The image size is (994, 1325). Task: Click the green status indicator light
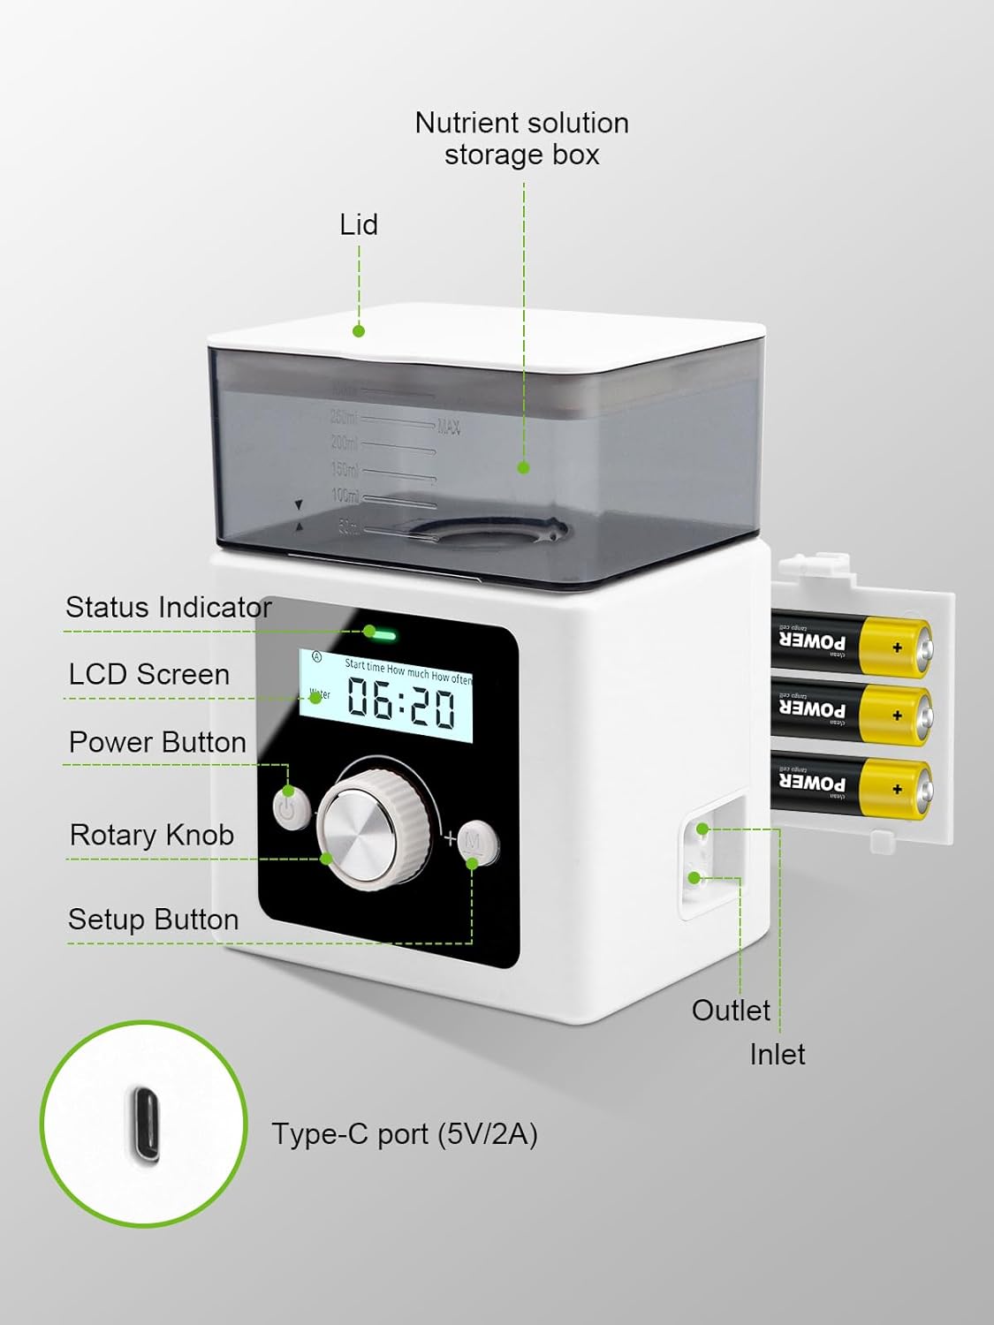(383, 633)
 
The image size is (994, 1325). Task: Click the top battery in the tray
(850, 644)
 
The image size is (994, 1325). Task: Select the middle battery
(850, 713)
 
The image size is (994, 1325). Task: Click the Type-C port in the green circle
(145, 1124)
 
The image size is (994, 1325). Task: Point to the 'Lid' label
(359, 224)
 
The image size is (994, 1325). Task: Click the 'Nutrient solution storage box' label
(522, 138)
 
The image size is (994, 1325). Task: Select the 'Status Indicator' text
(168, 608)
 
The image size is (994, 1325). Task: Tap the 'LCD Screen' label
(149, 675)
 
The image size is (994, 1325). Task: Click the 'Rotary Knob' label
(152, 835)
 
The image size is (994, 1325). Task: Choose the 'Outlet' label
(731, 1010)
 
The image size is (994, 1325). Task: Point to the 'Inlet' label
(778, 1054)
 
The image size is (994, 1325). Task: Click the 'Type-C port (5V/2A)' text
(405, 1133)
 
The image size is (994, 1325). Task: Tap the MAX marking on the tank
(449, 428)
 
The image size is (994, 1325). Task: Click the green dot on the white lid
(359, 330)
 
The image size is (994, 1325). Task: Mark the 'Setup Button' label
(154, 920)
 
